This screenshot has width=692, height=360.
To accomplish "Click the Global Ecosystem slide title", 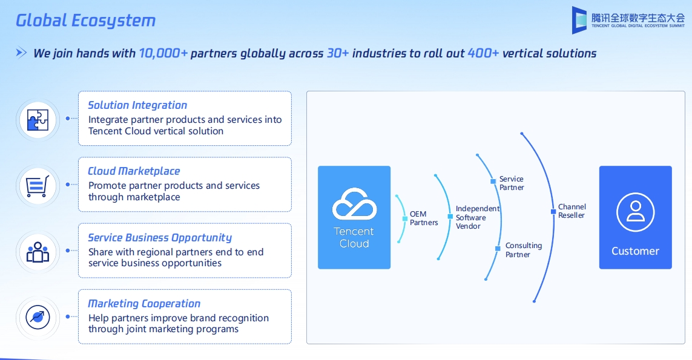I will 85,21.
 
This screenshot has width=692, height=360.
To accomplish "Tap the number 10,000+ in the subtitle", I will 163,53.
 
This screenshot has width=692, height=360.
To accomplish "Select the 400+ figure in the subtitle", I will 483,53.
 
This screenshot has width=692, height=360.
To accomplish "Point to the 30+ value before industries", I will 338,53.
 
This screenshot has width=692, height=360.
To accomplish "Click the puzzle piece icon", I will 38,119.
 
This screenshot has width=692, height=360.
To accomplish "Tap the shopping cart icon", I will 38,185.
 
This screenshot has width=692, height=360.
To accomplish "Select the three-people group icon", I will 38,251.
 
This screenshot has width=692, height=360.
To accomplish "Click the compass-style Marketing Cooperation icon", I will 38,317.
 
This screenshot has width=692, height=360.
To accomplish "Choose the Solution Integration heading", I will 137,105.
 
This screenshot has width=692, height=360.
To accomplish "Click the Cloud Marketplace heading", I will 134,171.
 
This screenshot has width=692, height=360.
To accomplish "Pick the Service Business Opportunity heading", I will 160,238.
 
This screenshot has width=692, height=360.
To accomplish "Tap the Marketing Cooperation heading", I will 144,304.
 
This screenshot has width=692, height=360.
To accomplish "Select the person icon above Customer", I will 635,212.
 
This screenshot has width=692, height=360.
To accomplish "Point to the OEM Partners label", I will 424,218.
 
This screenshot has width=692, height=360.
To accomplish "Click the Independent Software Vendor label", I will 478,217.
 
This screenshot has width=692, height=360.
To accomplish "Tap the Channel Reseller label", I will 572,211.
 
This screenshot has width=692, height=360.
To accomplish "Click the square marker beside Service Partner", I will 493,182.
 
